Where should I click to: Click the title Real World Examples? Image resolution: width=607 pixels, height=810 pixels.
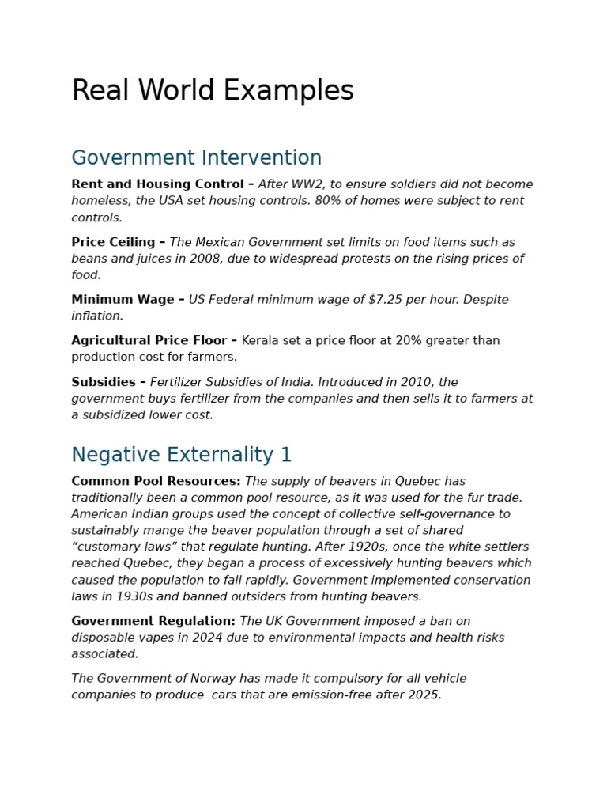[213, 91]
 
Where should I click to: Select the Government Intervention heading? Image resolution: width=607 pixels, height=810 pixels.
[197, 158]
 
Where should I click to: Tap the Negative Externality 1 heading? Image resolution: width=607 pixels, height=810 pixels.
[182, 455]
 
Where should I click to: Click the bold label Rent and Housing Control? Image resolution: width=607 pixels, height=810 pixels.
[157, 184]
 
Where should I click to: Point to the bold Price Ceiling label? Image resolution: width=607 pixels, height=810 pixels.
[113, 242]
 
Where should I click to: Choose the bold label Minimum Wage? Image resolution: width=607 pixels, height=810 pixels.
[123, 300]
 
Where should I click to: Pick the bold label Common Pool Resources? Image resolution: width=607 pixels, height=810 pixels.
[156, 481]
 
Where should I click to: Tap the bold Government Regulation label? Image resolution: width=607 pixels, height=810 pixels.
[153, 621]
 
